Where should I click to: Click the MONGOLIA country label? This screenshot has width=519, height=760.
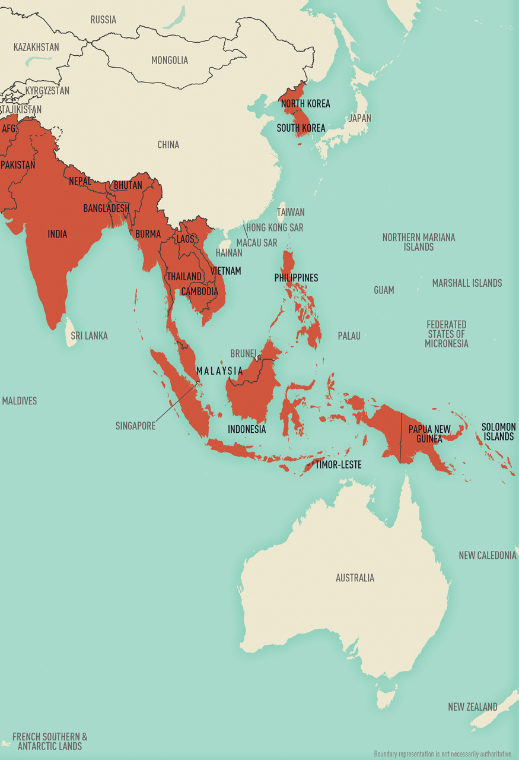170,60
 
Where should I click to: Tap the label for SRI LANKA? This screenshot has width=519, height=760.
89,335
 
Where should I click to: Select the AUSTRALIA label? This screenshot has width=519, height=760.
355,578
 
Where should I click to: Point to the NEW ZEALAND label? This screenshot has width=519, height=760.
472,707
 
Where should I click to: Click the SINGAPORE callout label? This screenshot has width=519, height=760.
135,426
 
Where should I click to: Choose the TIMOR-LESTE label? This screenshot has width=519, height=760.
338,464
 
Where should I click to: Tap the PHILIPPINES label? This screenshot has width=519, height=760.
296,277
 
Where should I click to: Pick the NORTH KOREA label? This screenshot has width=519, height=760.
305,103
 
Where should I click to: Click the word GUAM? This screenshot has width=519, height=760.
384,290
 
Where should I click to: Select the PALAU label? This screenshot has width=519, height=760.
349,336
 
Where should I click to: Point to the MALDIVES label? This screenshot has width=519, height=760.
19,401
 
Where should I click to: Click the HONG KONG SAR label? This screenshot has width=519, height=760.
275,227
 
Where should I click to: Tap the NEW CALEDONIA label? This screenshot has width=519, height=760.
487,555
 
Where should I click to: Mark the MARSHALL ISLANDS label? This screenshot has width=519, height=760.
467,283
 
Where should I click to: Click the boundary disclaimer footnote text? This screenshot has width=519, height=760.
442,754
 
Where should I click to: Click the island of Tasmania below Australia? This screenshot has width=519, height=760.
386,693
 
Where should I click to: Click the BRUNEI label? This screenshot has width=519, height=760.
243,353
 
